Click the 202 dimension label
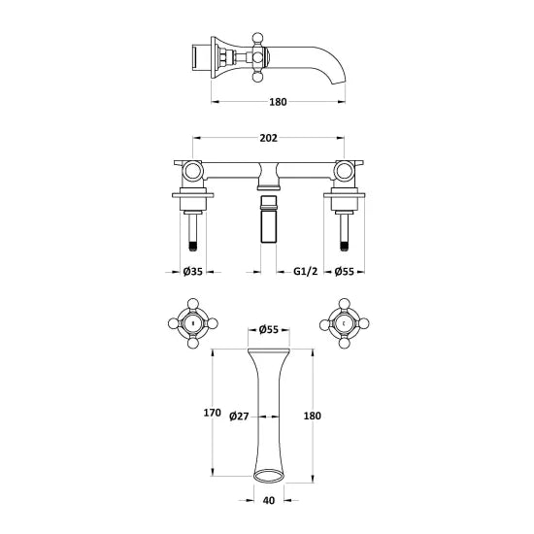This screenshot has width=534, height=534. (x=266, y=138)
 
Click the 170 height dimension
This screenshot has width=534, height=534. (x=214, y=413)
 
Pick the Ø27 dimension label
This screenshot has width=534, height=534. (x=239, y=417)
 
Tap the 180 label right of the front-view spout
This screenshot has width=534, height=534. (x=313, y=415)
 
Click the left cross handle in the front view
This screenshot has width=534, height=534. (x=191, y=323)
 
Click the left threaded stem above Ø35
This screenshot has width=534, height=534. (x=191, y=234)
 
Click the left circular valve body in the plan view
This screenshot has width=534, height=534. (x=191, y=172)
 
